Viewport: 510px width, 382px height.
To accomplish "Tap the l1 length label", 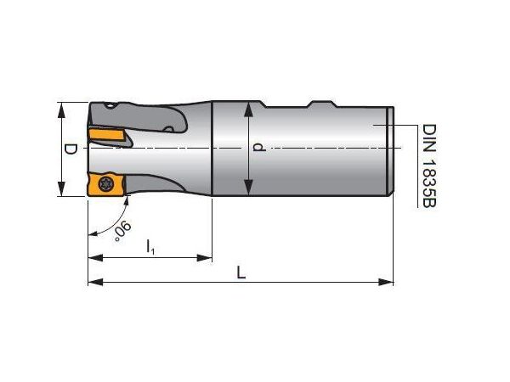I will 150,246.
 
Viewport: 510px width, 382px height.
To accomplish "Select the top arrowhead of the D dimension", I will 61,108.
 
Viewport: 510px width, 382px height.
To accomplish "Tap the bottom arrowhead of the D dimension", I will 61,191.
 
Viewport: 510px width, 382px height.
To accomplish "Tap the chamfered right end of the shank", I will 390,149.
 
